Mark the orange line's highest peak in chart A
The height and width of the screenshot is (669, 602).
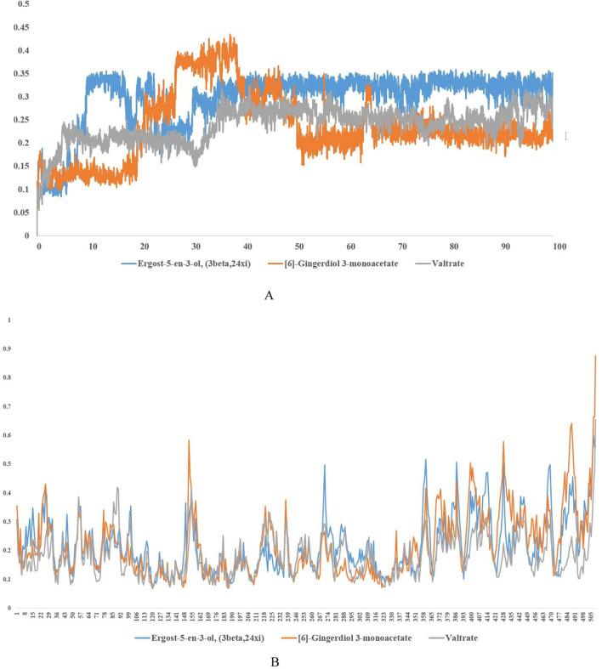(x=231, y=36)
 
